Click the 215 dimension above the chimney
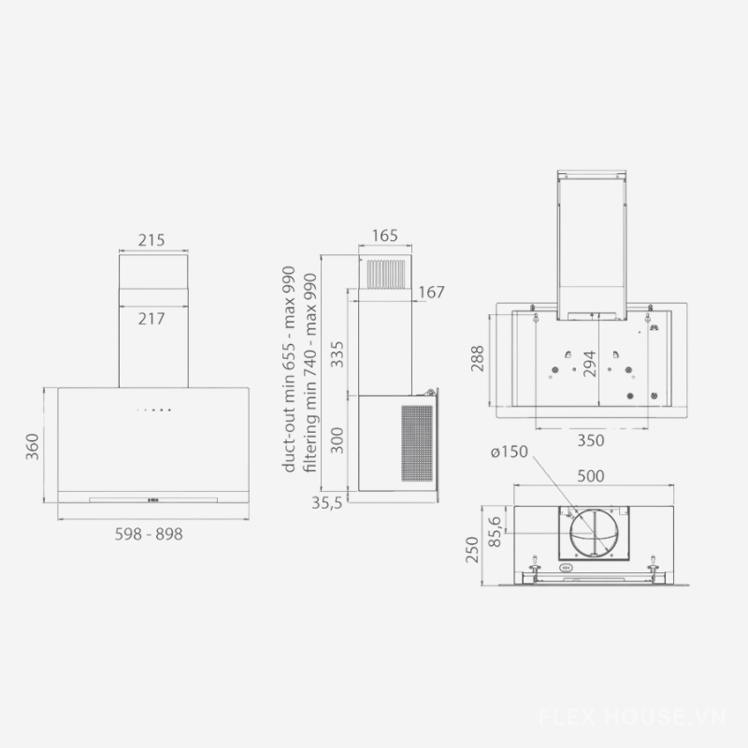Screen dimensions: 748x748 (x=151, y=240)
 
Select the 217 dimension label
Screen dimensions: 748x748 (x=151, y=319)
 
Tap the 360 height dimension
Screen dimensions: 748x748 (x=32, y=447)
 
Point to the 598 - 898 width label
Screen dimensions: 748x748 (x=149, y=534)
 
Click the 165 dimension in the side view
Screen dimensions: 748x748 (x=385, y=236)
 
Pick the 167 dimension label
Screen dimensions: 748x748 (x=431, y=292)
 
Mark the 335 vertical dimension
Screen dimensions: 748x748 (x=338, y=354)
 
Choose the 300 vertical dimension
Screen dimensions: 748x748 (x=338, y=440)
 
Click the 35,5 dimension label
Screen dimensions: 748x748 (x=327, y=502)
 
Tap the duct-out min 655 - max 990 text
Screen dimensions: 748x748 (x=289, y=369)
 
